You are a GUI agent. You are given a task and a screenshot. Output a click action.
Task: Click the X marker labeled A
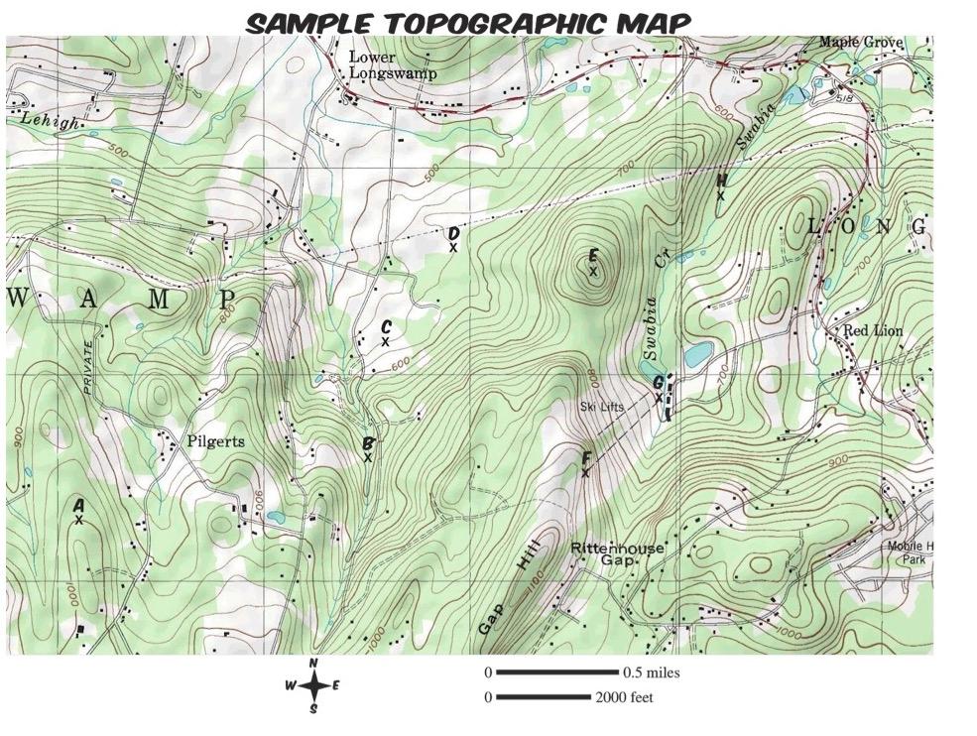pyautogui.click(x=78, y=519)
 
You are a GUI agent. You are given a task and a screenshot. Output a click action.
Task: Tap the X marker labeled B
pyautogui.click(x=368, y=458)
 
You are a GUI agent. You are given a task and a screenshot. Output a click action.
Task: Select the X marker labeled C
pyautogui.click(x=386, y=342)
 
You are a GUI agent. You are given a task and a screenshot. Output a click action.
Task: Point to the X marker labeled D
pyautogui.click(x=453, y=248)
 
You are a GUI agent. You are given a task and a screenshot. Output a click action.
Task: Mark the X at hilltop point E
pyautogui.click(x=593, y=271)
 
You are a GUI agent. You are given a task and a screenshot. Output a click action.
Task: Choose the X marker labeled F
pyautogui.click(x=586, y=473)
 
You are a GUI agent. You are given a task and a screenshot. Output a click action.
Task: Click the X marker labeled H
pyautogui.click(x=721, y=195)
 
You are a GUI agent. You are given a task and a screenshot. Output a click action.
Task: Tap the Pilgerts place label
pyautogui.click(x=216, y=440)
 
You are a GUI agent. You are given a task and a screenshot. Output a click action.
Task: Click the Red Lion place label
pyautogui.click(x=873, y=330)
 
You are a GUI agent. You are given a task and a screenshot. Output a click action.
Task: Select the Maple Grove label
pyautogui.click(x=860, y=43)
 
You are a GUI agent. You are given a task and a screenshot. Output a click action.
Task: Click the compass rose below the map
pyautogui.click(x=313, y=685)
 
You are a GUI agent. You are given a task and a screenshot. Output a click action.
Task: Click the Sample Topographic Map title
pyautogui.click(x=467, y=22)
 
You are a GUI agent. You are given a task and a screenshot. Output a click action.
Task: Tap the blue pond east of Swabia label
pyautogui.click(x=698, y=353)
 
